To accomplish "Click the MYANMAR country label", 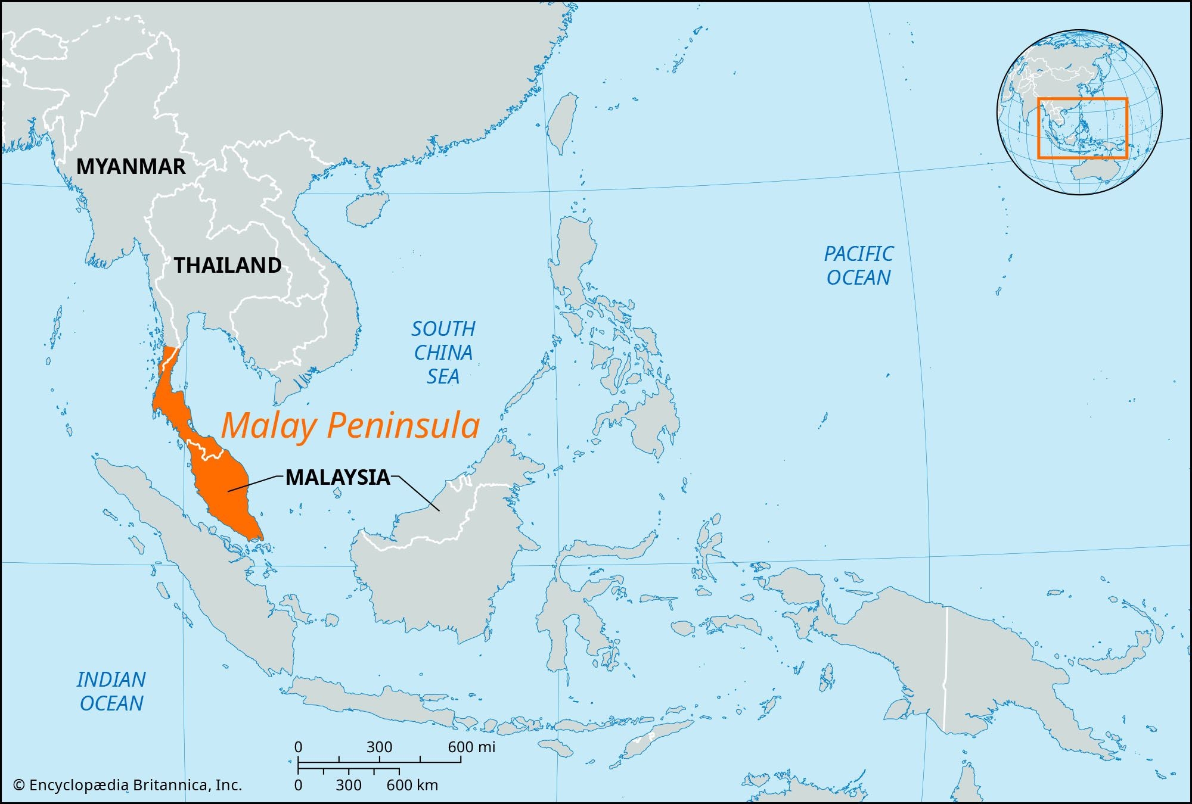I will tap(131, 167).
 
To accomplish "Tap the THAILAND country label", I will tap(227, 266).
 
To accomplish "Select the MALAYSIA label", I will tap(337, 478).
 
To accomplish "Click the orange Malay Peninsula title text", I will tap(350, 426).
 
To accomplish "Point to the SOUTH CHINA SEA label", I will tap(443, 353).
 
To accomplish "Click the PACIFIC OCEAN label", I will tap(858, 266).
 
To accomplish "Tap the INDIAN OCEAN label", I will tap(111, 691).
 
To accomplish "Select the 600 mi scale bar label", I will tap(471, 747).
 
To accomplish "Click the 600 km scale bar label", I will tap(412, 785).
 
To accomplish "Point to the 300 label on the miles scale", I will tap(379, 747).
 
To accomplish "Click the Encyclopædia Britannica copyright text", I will tap(128, 785).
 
